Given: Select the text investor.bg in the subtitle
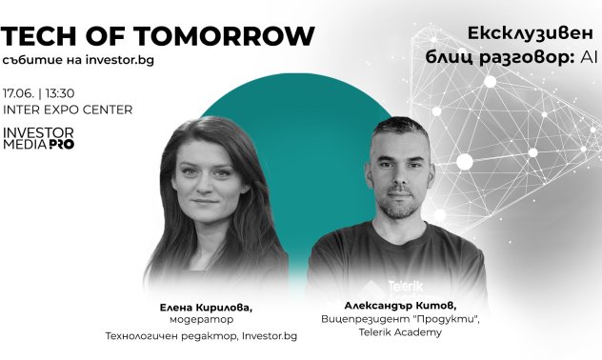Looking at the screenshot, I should point(119,60).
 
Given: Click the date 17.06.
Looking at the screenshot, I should point(19,93).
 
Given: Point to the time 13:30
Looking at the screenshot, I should point(59,93).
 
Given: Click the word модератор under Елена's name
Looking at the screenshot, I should point(199,321).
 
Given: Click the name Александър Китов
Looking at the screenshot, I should point(400,305).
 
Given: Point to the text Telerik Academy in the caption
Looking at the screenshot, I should point(399,333).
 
